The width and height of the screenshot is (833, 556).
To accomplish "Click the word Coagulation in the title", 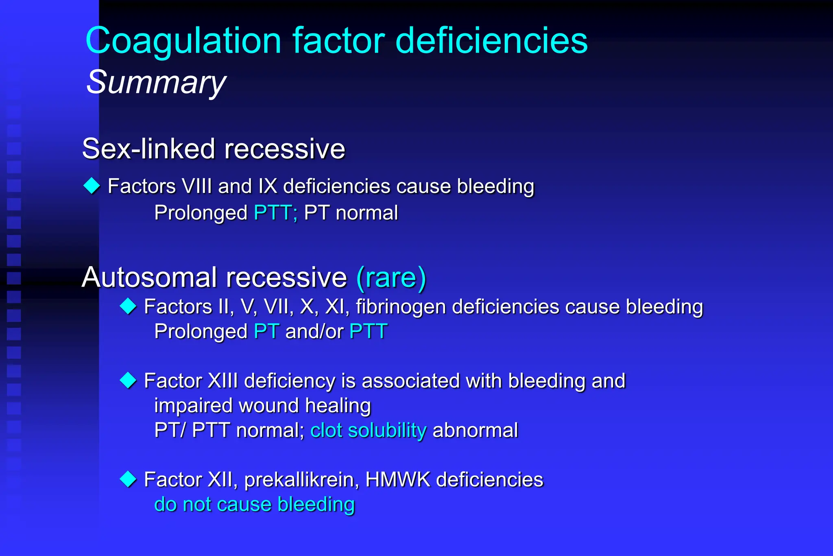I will [x=183, y=41].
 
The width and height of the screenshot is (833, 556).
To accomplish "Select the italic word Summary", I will [x=156, y=82].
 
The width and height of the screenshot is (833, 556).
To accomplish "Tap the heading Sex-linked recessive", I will [x=214, y=149].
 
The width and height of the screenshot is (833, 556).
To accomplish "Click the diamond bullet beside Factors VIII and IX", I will [x=92, y=186].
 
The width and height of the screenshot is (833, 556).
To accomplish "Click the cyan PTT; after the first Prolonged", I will [x=275, y=212].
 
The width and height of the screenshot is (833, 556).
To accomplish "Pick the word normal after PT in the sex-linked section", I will [x=367, y=212].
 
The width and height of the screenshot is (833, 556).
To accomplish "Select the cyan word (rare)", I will [x=391, y=278].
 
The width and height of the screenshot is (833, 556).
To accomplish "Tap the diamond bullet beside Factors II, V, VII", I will [x=128, y=306].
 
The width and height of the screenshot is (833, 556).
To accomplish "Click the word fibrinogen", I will [x=401, y=307].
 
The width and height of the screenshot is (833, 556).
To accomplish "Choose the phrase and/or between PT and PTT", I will [x=314, y=331].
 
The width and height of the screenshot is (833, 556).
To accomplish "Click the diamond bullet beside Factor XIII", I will [x=128, y=381].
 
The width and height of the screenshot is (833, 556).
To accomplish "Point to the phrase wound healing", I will [x=305, y=406].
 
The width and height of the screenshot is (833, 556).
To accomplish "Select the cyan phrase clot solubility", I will [x=368, y=430].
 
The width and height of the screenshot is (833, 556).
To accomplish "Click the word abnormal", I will [x=475, y=430].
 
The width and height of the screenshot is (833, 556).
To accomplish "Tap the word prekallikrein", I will [x=301, y=480].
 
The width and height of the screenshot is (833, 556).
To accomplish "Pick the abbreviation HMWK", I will [x=397, y=480].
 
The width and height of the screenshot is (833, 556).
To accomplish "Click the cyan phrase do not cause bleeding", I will [x=255, y=504].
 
